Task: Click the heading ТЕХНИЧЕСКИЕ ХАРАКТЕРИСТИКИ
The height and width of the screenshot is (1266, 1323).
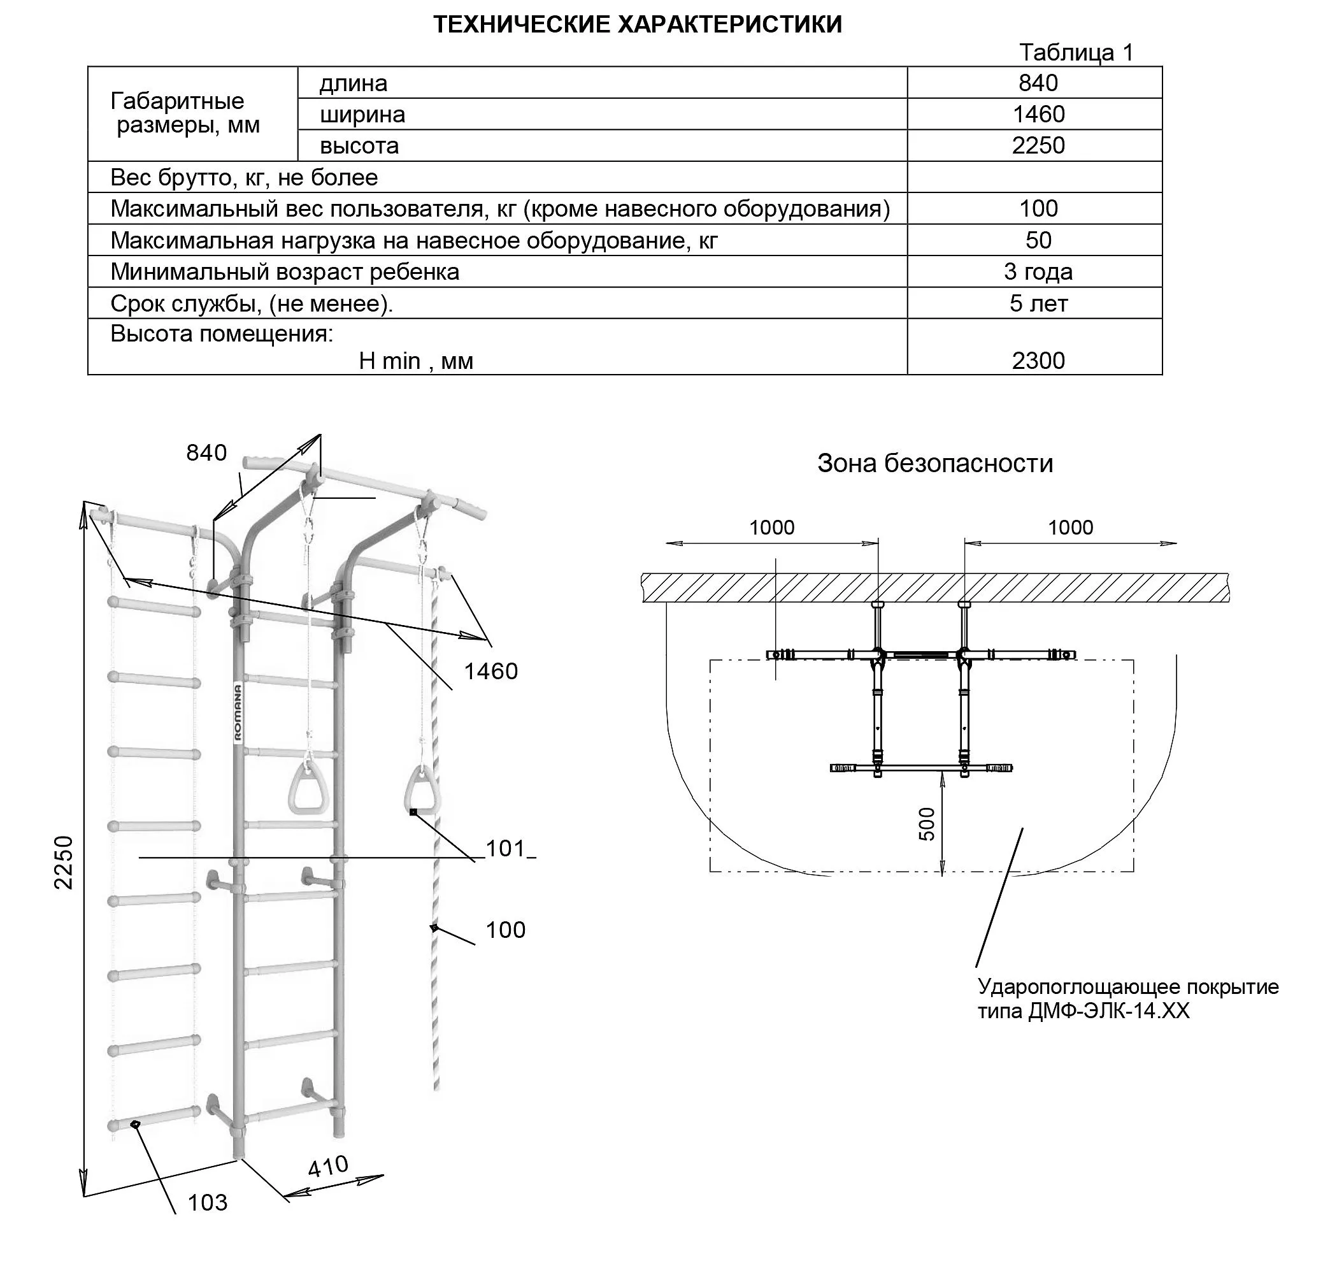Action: tap(637, 25)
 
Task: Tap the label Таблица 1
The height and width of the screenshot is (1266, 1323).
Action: tap(1075, 53)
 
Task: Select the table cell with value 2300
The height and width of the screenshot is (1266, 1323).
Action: tap(1038, 361)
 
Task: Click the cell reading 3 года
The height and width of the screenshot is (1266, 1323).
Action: tap(1038, 272)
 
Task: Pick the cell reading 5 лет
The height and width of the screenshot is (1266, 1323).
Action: tap(1038, 304)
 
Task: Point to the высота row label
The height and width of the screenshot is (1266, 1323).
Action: tap(359, 146)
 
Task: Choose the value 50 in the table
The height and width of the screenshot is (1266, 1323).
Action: tap(1038, 240)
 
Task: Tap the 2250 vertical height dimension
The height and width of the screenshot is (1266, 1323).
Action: tap(64, 863)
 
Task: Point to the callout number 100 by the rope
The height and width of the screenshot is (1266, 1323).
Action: tap(505, 930)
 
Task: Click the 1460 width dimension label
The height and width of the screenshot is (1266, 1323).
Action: tap(490, 671)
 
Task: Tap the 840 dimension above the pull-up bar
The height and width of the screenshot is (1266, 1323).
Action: tap(206, 453)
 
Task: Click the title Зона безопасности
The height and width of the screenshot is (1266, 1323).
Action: tap(934, 464)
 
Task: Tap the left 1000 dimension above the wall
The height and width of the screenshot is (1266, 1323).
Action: tap(772, 528)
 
